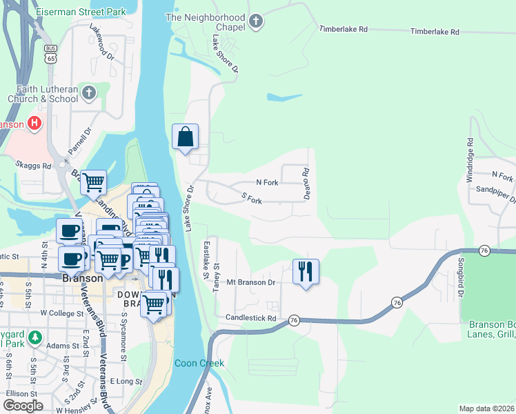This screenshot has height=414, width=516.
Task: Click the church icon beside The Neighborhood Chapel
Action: [x=256, y=21]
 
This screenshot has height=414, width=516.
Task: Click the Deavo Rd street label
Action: [x=306, y=184]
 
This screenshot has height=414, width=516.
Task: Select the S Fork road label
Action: [x=252, y=200]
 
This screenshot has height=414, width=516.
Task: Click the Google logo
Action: [x=23, y=406]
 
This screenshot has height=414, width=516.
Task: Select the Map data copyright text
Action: [x=487, y=408]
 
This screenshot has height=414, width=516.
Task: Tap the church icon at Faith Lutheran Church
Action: [x=88, y=92]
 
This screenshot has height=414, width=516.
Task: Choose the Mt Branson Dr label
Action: [x=251, y=282]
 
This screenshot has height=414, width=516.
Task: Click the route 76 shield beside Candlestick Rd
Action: [x=294, y=320]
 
